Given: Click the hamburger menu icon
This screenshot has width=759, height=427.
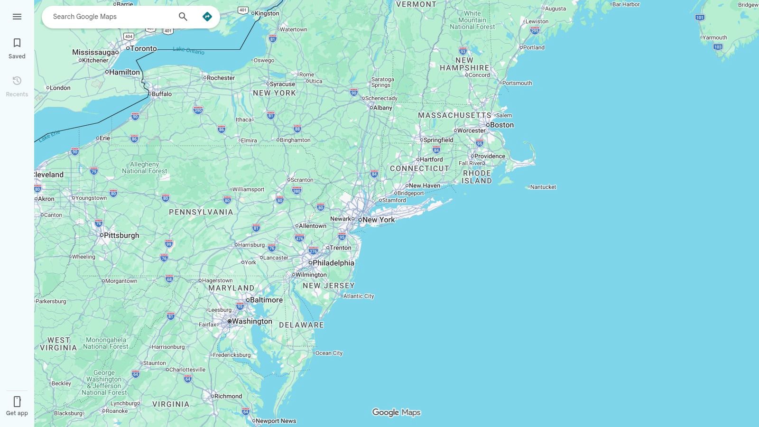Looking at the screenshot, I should tap(17, 17).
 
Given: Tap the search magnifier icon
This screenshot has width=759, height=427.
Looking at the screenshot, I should tap(183, 17).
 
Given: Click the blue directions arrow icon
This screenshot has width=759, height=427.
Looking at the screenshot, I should tap(207, 17).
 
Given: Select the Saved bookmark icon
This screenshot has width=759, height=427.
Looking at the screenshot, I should tap(17, 43).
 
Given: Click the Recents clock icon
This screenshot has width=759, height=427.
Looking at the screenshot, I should tap(17, 81).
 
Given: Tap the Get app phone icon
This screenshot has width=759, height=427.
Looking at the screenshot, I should tap(17, 402).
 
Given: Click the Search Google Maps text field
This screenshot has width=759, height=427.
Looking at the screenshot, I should tap(109, 17).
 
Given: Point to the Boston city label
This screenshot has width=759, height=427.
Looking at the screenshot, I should tap(501, 125).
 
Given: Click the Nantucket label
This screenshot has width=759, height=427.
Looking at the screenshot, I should tap(543, 187).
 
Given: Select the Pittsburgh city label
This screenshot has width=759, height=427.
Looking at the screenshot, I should tap(121, 235).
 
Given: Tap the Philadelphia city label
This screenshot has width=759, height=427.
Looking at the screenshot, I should tap(333, 263).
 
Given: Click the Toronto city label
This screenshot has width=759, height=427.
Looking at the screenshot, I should tap(143, 48).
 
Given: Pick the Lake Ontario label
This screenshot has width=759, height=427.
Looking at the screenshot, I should tap(188, 50).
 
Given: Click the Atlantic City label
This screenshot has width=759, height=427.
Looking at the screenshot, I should tap(359, 296).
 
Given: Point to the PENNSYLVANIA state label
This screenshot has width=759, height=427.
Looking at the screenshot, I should tap(201, 212).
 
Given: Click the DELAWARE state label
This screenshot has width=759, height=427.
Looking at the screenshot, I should tap(301, 325).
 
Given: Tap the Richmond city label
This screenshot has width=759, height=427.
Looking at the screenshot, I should tap(228, 396).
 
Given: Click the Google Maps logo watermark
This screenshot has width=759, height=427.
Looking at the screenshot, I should tap(396, 412).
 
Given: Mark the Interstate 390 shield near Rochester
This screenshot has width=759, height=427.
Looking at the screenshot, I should tap(198, 111).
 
